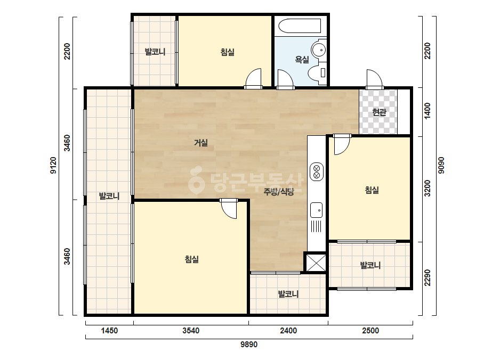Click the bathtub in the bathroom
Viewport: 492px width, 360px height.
coord(300,26)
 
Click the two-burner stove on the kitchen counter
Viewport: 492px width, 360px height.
coord(317,171)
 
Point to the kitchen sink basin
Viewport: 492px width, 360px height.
coord(316,210)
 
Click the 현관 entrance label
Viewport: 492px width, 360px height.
coord(379,112)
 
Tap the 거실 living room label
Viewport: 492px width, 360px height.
coord(201,143)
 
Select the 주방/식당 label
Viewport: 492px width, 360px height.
coord(279,192)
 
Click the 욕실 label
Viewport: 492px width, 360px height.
coord(302,59)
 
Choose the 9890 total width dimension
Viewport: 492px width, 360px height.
coord(249,345)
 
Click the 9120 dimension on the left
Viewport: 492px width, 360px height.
coord(53,165)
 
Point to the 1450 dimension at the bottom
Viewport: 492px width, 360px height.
coord(109,331)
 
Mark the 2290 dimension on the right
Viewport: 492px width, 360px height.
coord(428,277)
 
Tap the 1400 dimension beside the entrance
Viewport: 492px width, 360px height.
coord(428,111)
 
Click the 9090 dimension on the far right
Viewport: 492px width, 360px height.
coord(441,165)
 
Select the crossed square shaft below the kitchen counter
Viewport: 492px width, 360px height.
coord(316,263)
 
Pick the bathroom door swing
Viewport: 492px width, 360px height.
coord(285,80)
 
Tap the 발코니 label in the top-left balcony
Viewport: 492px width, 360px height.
coord(155,52)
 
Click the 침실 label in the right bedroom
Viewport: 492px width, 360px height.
coord(372,190)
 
